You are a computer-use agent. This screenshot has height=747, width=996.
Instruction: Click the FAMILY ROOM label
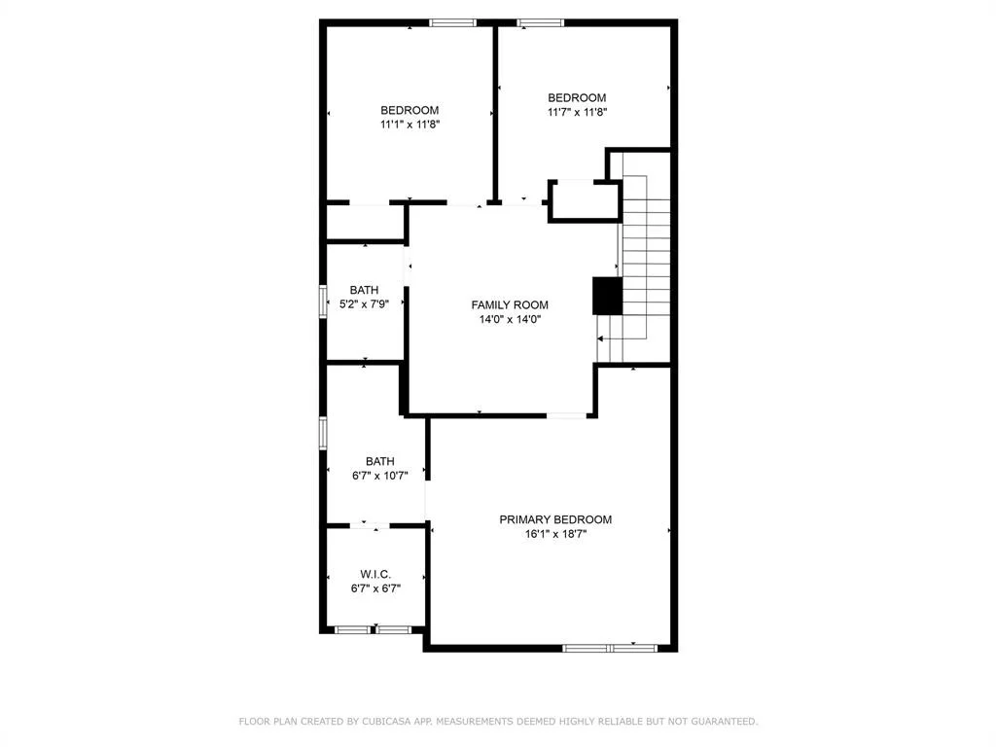coord(510,304)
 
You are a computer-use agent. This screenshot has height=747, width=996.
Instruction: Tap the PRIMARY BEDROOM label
coord(555,519)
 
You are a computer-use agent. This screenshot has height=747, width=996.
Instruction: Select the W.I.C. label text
coord(375,574)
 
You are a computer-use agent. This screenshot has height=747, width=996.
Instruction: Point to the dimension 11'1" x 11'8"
coord(409,124)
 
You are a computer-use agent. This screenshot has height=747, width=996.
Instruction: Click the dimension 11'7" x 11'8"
coord(577,113)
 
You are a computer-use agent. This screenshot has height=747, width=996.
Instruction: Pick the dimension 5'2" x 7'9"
coord(364,304)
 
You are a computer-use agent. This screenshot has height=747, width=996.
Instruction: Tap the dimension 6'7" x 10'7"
coord(380,476)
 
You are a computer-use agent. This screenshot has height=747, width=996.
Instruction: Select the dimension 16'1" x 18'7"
coord(555,534)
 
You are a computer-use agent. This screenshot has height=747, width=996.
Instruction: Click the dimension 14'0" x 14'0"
coord(510,319)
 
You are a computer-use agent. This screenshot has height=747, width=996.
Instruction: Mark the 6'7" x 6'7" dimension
coord(375,588)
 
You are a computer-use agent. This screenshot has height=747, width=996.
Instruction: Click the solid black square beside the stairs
coord(607,296)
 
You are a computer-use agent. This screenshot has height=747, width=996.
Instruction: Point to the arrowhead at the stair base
coord(600,339)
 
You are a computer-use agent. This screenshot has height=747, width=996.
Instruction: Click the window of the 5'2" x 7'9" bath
coord(323,302)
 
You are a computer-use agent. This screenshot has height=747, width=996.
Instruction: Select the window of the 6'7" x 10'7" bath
coord(323,433)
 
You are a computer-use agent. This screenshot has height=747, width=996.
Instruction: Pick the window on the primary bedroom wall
coord(610,648)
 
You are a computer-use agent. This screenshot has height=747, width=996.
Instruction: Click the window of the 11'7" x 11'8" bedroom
coord(541,23)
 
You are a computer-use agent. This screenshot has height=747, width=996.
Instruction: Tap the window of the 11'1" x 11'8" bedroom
coord(452,23)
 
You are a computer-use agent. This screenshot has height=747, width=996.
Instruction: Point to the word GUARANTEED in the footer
coord(724,722)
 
